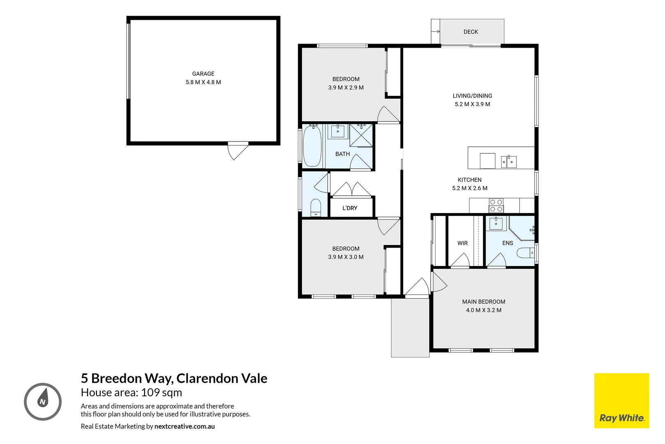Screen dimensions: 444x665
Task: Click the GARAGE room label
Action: (203, 74)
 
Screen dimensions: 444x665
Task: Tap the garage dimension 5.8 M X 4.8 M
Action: (203, 82)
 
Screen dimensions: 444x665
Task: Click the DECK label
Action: (470, 32)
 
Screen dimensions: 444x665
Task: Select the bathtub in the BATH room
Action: (312, 146)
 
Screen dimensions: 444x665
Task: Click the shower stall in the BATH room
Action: (361, 135)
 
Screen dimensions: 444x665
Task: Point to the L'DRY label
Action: (350, 208)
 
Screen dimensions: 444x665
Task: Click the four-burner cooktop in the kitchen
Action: (496, 206)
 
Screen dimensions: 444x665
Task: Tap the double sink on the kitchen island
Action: (509, 162)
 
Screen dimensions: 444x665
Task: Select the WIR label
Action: (462, 243)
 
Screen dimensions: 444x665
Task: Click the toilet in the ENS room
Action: (525, 252)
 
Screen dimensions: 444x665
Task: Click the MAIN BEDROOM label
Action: (484, 302)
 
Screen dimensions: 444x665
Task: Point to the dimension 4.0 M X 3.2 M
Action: (484, 310)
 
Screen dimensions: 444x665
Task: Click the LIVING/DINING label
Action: (472, 96)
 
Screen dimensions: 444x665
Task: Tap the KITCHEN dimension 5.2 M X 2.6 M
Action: (470, 188)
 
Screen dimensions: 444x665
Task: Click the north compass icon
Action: (43, 402)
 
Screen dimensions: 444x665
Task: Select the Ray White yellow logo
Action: (621, 401)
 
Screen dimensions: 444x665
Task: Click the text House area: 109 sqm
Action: (131, 393)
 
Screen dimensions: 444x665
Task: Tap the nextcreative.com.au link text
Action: (184, 426)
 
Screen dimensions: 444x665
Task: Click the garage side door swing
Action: (238, 150)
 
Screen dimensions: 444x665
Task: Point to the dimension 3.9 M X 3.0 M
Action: (346, 257)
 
